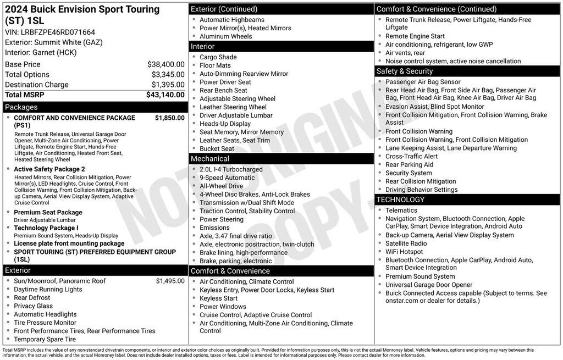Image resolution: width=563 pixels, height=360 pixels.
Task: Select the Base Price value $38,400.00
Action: tap(165, 64)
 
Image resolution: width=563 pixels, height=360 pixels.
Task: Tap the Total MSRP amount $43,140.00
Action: tap(165, 95)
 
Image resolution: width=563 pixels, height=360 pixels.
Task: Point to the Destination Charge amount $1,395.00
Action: tap(168, 84)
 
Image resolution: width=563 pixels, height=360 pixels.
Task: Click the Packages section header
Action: tap(21, 107)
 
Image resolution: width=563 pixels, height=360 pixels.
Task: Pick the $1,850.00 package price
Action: tap(169, 118)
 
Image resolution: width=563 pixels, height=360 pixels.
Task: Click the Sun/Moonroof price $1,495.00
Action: tap(170, 281)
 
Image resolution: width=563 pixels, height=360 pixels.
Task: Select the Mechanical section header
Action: tap(210, 159)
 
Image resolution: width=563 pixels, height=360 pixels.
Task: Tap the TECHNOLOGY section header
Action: tap(401, 200)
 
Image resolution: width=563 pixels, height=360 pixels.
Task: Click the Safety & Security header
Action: tap(405, 71)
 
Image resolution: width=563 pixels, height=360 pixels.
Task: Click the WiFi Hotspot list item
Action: tap(404, 252)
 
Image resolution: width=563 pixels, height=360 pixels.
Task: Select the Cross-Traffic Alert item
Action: tap(411, 156)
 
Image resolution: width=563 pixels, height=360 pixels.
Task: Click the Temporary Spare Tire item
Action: tap(45, 339)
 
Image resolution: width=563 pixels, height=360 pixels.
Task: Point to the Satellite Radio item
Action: tap(406, 243)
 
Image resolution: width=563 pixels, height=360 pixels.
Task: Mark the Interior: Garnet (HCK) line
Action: tap(41, 52)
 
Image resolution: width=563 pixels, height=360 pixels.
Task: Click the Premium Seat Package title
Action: tap(48, 212)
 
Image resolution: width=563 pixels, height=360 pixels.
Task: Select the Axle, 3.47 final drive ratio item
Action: tap(235, 236)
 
